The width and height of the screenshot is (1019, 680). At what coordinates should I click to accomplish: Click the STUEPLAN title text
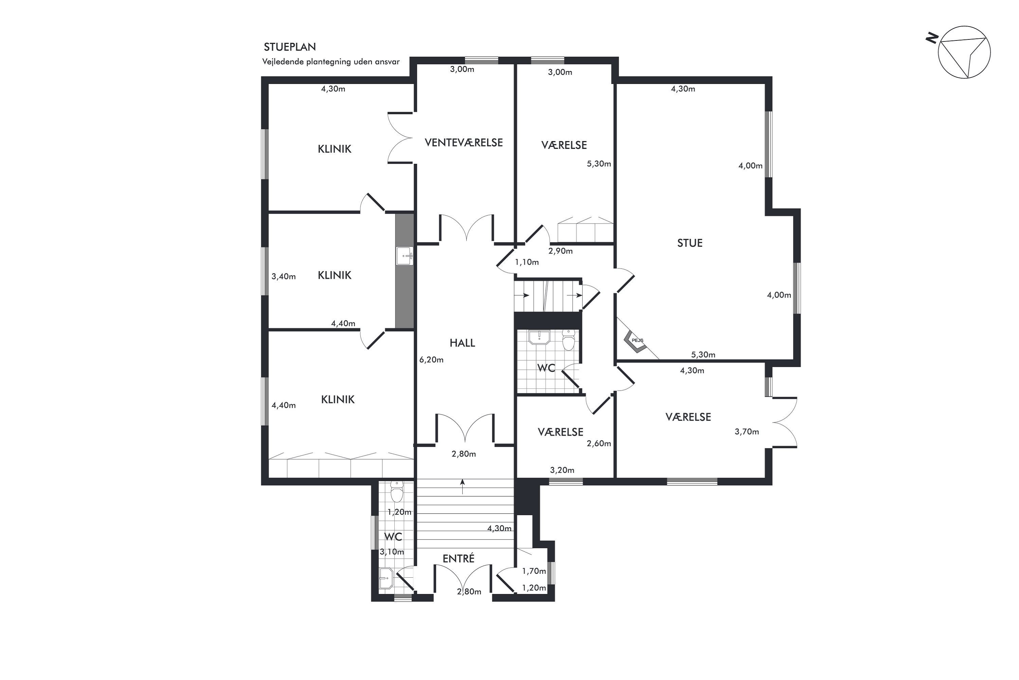(290, 47)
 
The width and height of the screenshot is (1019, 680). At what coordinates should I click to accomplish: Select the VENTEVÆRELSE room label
(464, 143)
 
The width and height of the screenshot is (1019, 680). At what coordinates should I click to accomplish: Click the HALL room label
(462, 343)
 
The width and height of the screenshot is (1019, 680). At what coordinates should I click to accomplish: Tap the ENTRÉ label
(458, 558)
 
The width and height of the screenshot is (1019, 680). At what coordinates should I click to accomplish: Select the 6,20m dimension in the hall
(431, 359)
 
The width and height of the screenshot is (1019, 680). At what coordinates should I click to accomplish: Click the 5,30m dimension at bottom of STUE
(703, 355)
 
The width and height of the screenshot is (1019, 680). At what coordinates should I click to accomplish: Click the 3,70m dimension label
(747, 431)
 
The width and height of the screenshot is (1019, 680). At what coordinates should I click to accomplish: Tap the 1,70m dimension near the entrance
(534, 571)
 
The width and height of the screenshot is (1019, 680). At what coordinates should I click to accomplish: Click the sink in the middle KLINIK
(404, 256)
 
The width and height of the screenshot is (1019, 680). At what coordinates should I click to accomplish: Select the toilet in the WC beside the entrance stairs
(396, 491)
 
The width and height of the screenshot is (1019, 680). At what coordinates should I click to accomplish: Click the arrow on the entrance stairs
(463, 486)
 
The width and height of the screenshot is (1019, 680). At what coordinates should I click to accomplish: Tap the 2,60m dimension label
(599, 443)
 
